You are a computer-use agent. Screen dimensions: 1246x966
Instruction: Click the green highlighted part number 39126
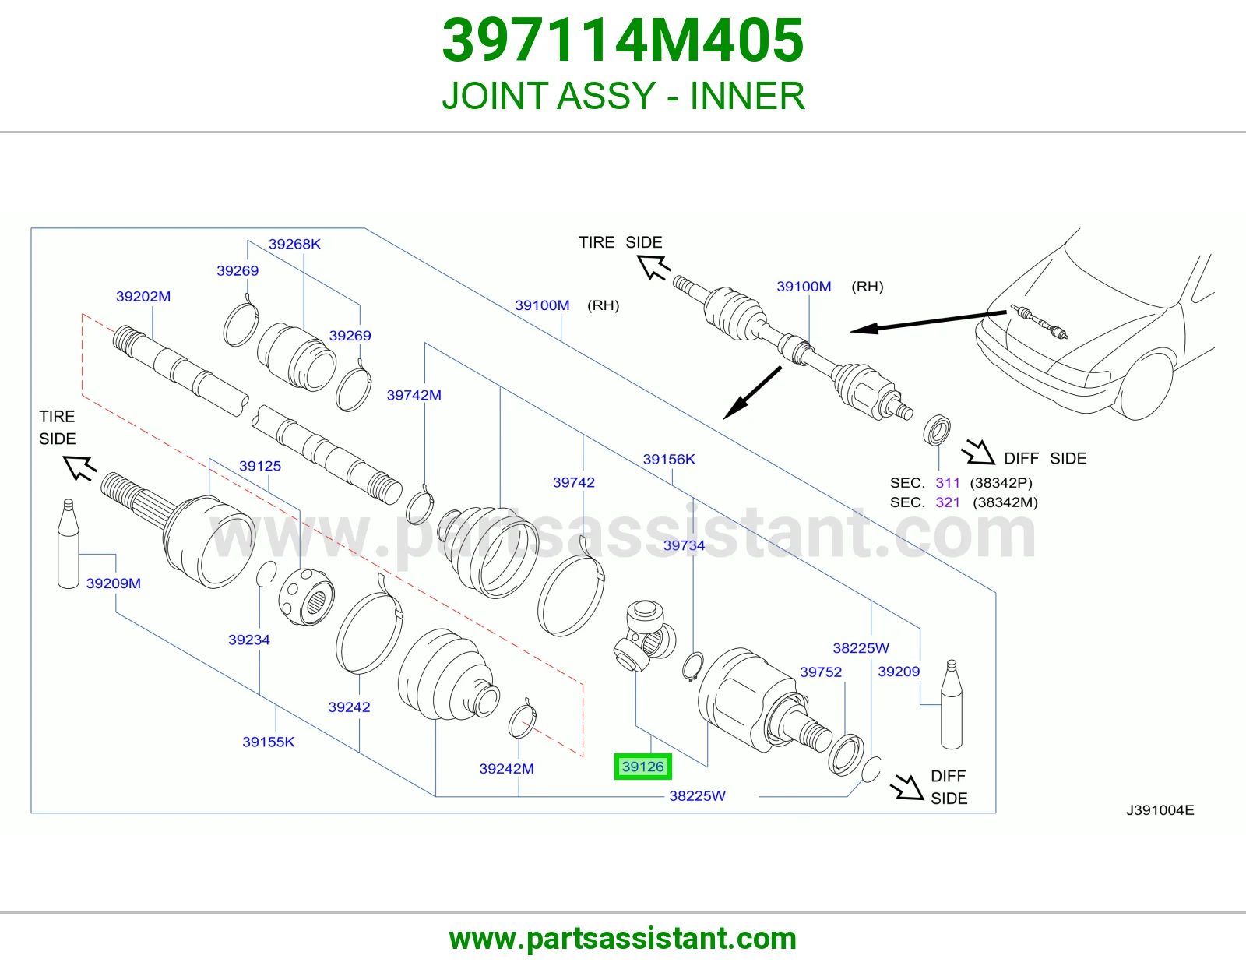coord(642,767)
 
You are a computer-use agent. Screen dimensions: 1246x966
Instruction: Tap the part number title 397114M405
coord(623,41)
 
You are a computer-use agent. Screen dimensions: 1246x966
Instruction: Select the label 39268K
coord(294,244)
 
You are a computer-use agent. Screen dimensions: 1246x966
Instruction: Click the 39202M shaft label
coord(143,297)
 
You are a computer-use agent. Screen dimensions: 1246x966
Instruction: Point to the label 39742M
coord(414,395)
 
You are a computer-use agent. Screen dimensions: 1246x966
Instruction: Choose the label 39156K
coord(669,459)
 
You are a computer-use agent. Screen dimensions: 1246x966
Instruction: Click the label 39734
coord(684,545)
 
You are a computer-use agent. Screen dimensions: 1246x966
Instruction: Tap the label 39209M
coord(114,583)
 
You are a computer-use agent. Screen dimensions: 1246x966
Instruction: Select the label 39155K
coord(269,742)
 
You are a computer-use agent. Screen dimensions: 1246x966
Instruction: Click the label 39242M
coord(506,769)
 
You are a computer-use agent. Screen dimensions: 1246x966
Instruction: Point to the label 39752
coord(821,672)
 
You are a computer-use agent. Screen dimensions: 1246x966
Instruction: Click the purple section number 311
coord(947,483)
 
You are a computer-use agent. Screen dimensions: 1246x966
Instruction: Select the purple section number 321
coord(947,502)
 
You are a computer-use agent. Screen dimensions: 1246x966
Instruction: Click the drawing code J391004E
coord(1160,810)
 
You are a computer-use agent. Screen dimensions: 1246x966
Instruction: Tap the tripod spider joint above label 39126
coord(645,635)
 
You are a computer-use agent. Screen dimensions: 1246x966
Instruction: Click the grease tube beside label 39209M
coord(69,543)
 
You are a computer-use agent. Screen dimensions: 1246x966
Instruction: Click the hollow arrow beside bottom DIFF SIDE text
coord(906,787)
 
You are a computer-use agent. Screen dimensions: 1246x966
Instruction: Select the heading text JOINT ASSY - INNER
coord(623,96)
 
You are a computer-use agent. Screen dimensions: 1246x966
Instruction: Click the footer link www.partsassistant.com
coord(623,939)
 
